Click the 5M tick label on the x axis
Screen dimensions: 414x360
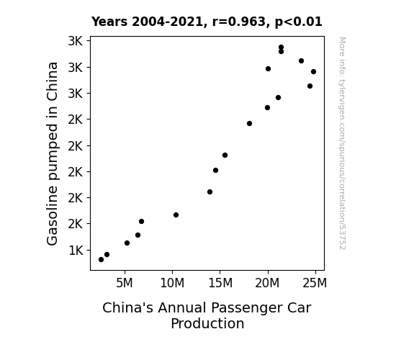click(x=125, y=283)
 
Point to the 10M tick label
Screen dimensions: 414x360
click(x=172, y=283)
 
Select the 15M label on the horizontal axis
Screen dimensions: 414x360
click(x=220, y=283)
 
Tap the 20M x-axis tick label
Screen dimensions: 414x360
click(x=267, y=283)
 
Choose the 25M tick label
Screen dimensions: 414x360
click(x=315, y=283)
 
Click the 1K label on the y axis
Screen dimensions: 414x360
click(x=76, y=251)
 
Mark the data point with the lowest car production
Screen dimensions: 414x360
click(x=101, y=260)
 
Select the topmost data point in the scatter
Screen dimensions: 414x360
click(x=281, y=48)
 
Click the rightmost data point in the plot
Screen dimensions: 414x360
click(x=313, y=71)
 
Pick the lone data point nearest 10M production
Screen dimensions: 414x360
click(x=176, y=215)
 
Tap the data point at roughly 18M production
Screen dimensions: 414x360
click(x=249, y=123)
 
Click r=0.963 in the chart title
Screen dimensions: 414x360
click(x=239, y=22)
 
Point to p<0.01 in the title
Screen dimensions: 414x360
click(x=298, y=22)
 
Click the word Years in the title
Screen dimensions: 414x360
click(x=109, y=22)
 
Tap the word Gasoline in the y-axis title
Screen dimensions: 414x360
click(x=52, y=215)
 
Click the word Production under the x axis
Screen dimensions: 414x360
click(x=207, y=323)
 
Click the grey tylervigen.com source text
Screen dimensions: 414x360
click(x=342, y=143)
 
